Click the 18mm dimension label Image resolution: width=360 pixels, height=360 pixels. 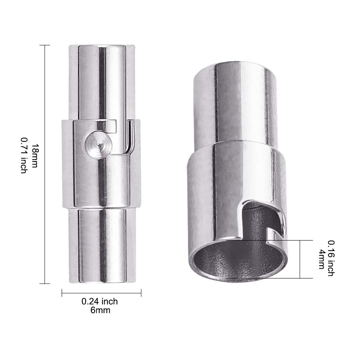point(35,156)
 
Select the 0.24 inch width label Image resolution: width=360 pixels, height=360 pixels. point(100,301)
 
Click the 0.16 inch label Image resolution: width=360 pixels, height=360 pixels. point(331,258)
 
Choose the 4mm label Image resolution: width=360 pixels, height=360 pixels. point(322,259)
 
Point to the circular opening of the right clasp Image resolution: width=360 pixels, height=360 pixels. point(238,261)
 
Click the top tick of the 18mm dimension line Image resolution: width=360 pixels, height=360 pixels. point(45,45)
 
